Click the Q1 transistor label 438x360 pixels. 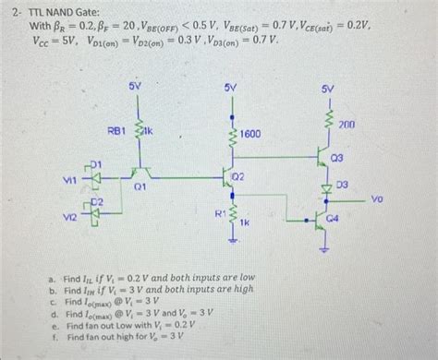pos(140,186)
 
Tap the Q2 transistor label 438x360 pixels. pos(237,175)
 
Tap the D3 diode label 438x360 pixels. pos(342,185)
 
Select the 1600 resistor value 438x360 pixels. pos(249,135)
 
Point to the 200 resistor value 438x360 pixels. pos(347,124)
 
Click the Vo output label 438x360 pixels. pos(377,198)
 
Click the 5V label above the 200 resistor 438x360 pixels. pos(328,88)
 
